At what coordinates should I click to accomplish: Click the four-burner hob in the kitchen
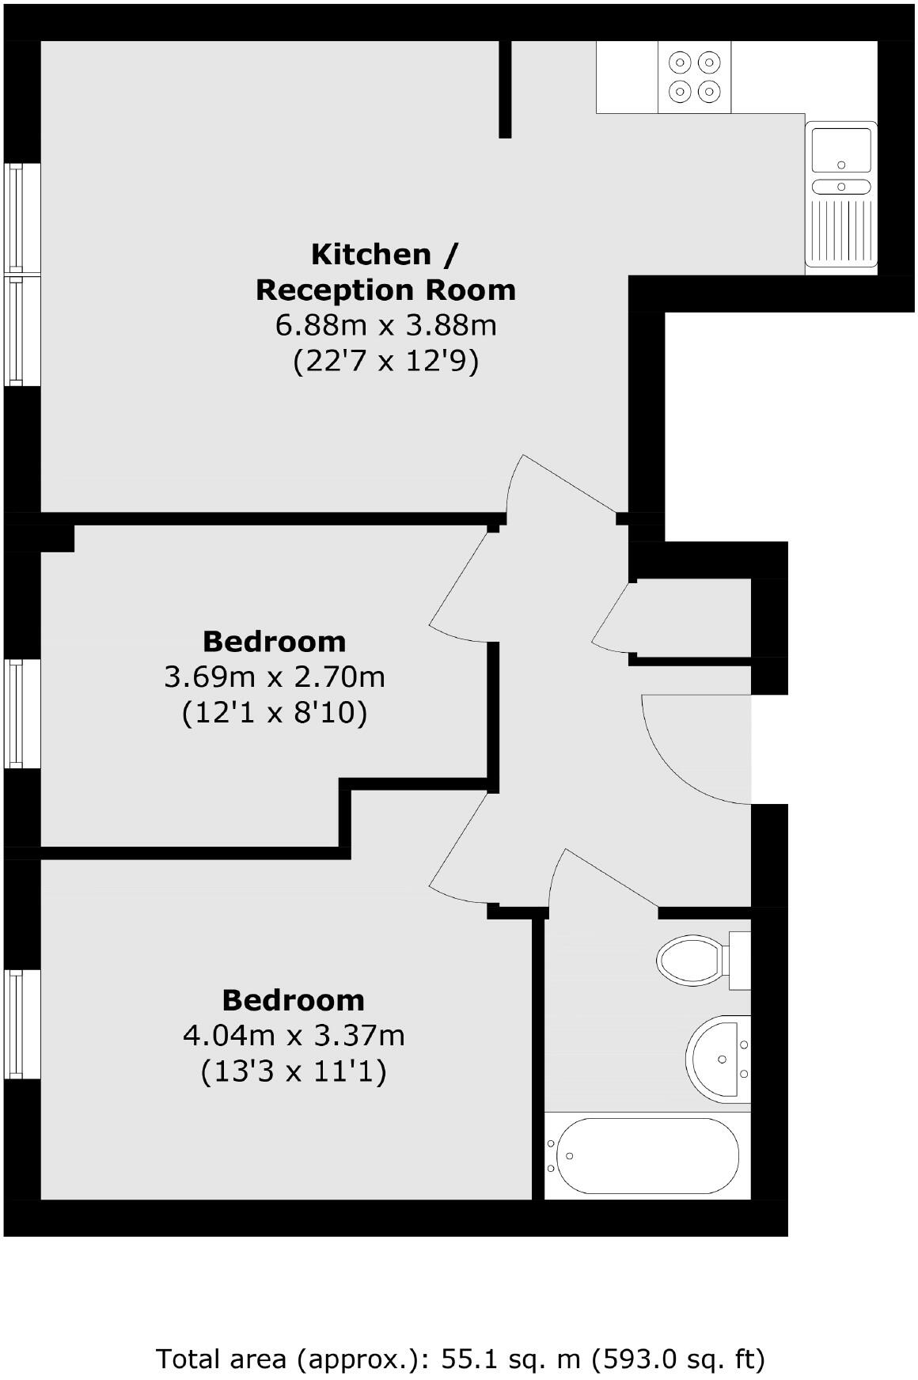coord(694,77)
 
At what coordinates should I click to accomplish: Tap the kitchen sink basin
coord(840,151)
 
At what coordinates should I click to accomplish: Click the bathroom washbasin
coord(717,1058)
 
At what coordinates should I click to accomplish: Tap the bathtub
coord(647,1156)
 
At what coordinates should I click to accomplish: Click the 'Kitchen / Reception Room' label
coord(385,272)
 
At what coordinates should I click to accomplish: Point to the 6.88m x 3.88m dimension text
coord(385,325)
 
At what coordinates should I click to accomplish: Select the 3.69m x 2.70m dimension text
coord(275,677)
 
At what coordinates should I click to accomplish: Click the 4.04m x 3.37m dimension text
coord(294,1036)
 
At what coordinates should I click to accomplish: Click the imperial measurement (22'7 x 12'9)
coord(385,362)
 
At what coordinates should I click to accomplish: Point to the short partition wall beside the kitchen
coord(505,89)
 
